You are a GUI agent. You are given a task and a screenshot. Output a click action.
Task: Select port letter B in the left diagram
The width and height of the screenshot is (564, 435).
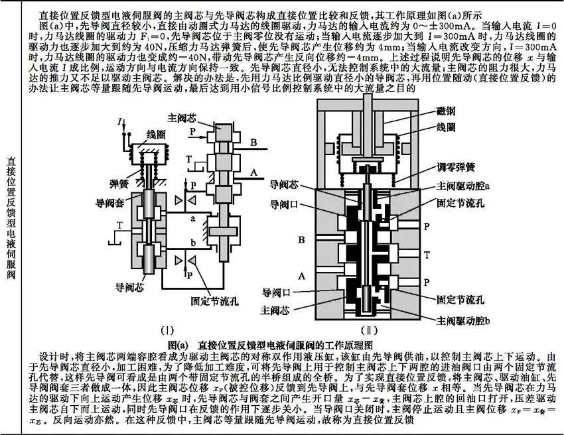253,142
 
